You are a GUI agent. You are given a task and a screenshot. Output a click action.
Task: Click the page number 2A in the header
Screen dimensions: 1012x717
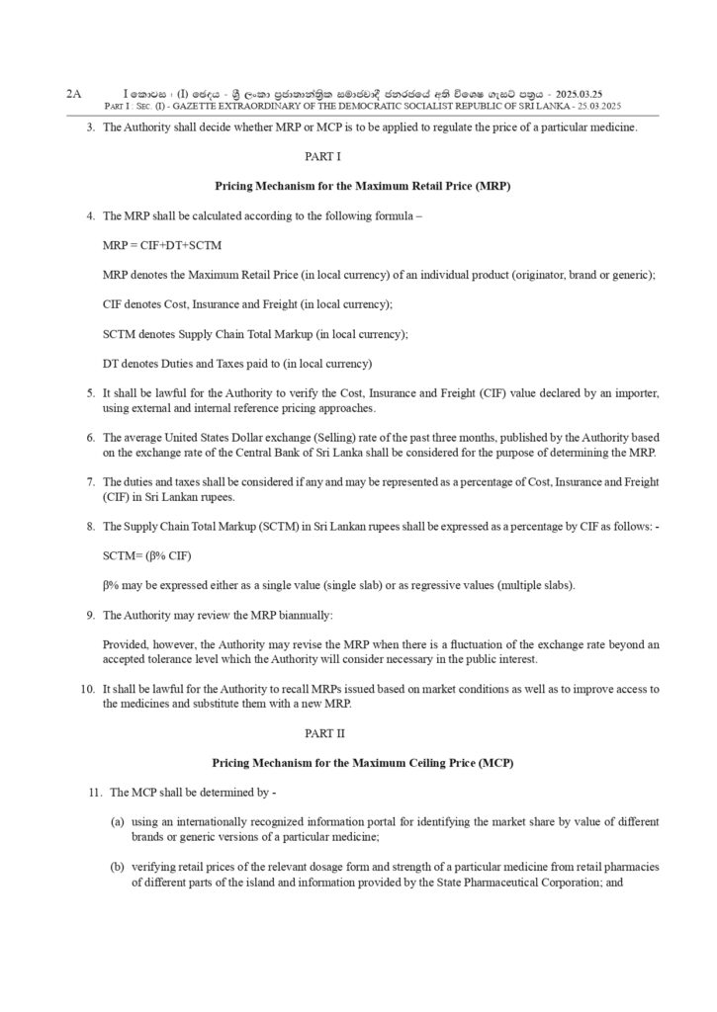coord(73,92)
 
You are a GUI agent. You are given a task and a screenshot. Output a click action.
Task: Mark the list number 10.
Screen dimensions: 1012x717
coord(87,688)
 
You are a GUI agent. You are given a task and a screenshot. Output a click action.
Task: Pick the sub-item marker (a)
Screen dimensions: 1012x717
coord(118,822)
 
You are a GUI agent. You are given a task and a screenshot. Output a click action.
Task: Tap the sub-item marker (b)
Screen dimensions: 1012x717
coord(118,867)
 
